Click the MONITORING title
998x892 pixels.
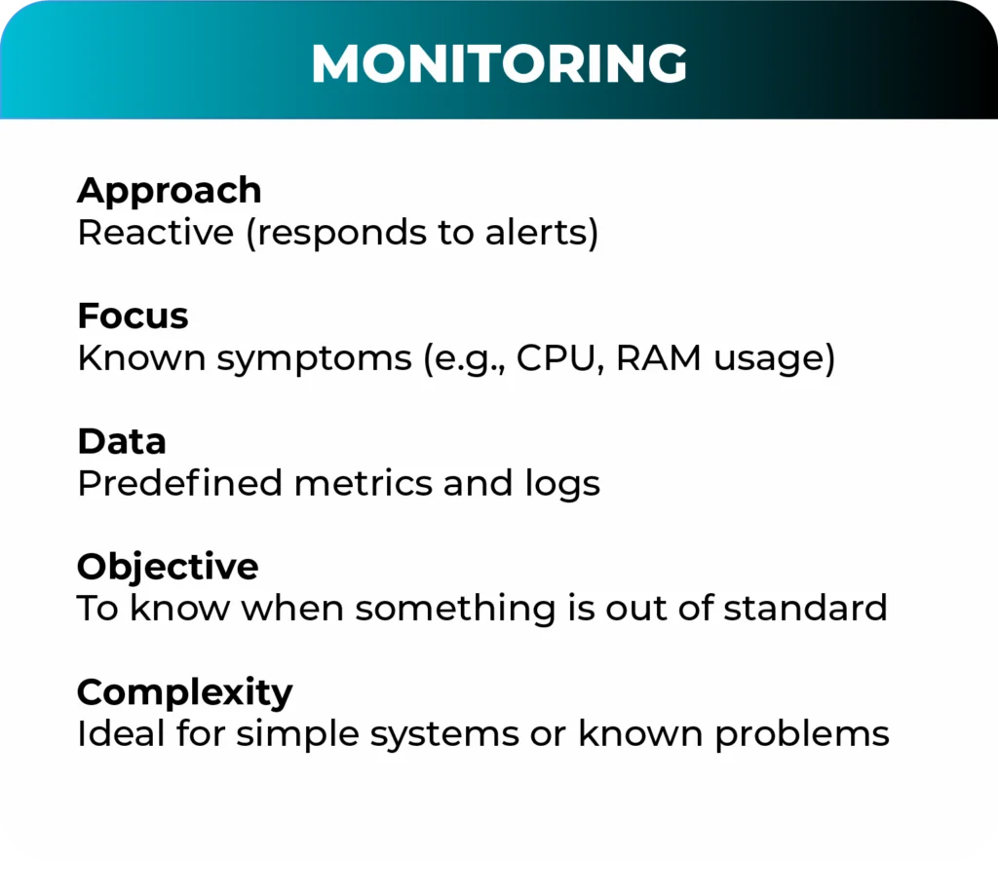pyautogui.click(x=499, y=63)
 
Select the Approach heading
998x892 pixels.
pyautogui.click(x=170, y=191)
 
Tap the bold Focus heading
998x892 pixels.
pyautogui.click(x=133, y=316)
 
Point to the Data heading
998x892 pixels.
pyautogui.click(x=122, y=441)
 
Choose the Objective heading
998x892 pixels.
pyautogui.click(x=168, y=567)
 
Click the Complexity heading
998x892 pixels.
pyautogui.click(x=184, y=692)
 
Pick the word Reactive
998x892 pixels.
pyautogui.click(x=156, y=232)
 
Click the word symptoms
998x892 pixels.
pyautogui.click(x=315, y=358)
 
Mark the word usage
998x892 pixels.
pyautogui.click(x=768, y=360)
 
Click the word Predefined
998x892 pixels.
pyautogui.click(x=179, y=483)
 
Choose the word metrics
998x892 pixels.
pyautogui.click(x=363, y=483)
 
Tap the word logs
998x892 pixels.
pyautogui.click(x=562, y=484)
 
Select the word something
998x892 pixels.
pyautogui.click(x=456, y=609)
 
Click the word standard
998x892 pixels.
pyautogui.click(x=805, y=608)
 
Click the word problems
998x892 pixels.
pyautogui.click(x=802, y=735)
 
